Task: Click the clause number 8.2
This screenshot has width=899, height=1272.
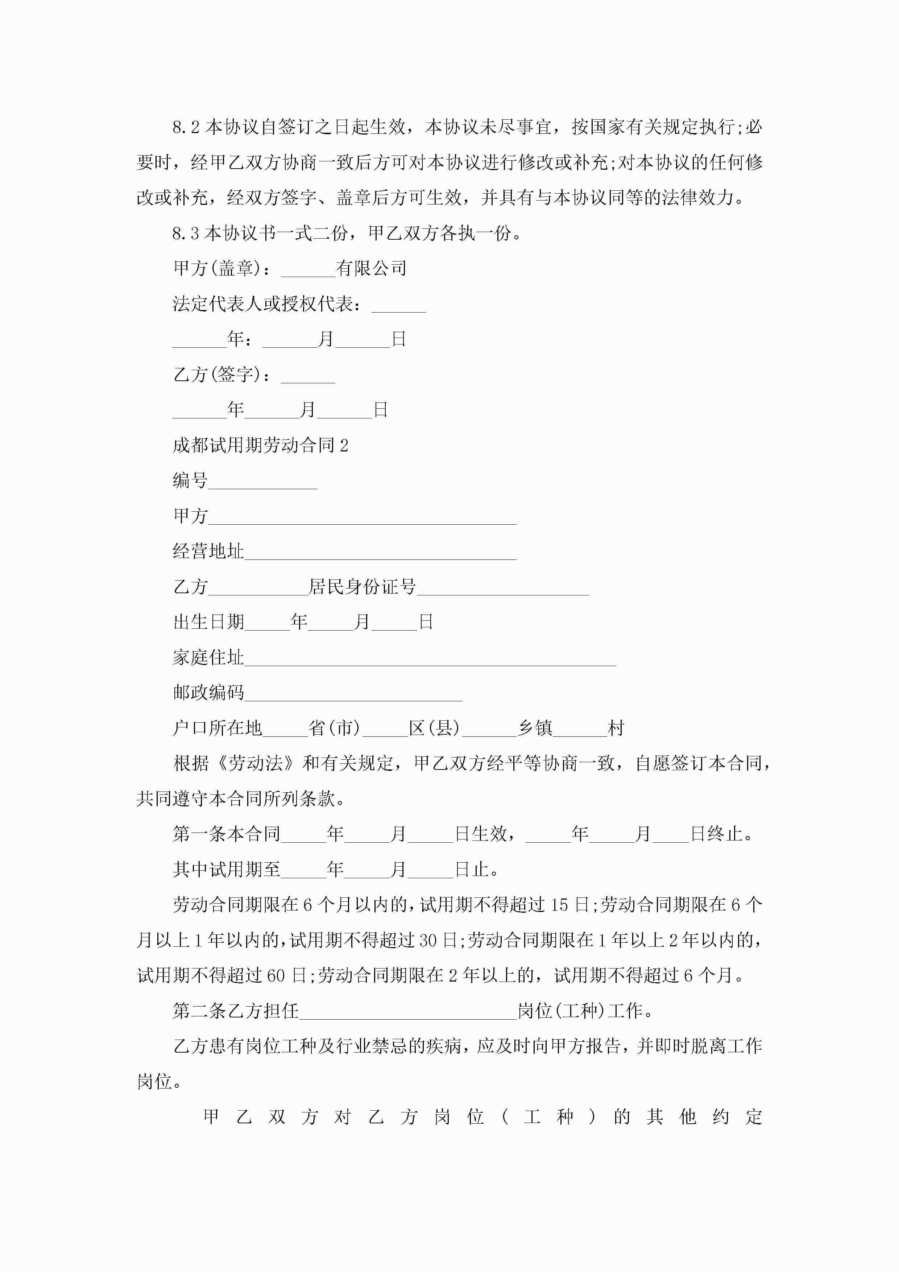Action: coord(186,127)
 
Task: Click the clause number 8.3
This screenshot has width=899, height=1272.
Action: coord(186,233)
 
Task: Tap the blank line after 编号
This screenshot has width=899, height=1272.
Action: coord(262,482)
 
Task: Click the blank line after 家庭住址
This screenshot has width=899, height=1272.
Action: coord(430,659)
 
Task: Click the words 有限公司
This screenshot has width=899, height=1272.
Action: coord(371,269)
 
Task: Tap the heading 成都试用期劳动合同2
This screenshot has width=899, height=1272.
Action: coord(260,445)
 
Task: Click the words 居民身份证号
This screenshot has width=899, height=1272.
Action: coord(362,587)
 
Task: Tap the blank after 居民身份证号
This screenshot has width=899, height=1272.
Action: coord(502,588)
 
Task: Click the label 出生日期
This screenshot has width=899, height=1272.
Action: coord(208,622)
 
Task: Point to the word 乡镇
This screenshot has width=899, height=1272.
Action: coord(535,728)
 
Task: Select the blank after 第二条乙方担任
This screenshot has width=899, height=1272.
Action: coord(408,1012)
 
